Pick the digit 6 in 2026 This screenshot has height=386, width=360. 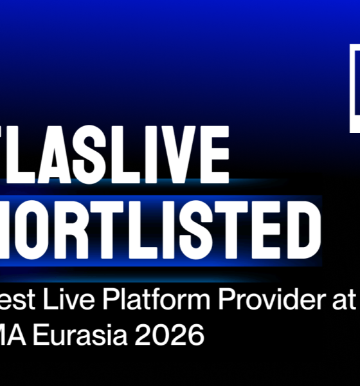pos(196,336)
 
